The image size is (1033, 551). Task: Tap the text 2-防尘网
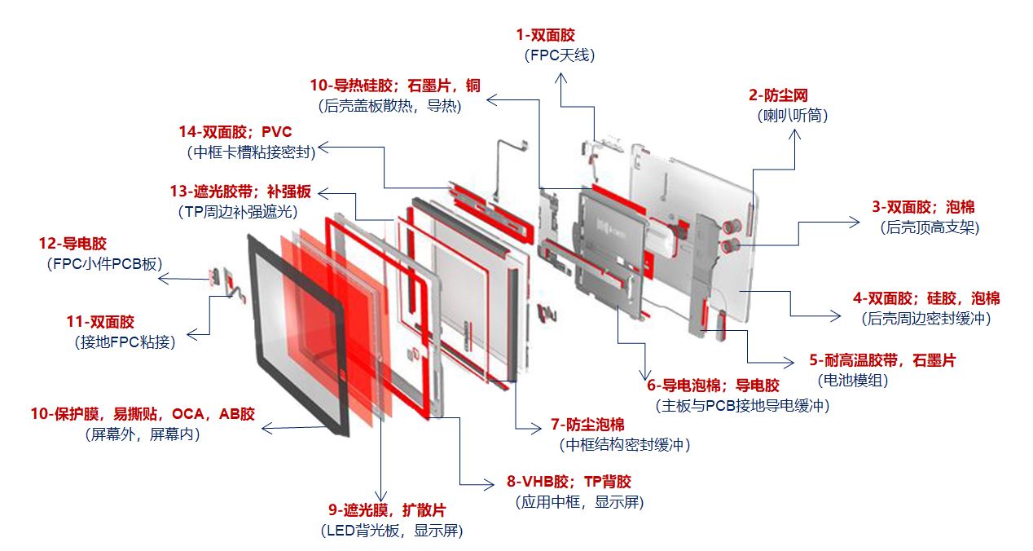778,96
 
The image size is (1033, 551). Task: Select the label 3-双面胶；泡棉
923,208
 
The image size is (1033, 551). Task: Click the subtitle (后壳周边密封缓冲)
926,319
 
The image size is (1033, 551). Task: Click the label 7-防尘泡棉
587,424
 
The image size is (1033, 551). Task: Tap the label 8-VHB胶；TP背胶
569,482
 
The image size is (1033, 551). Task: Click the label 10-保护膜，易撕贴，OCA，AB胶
143,414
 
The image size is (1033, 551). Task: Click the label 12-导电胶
73,243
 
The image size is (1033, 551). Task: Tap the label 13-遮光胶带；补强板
240,192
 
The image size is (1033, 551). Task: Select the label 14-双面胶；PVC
235,132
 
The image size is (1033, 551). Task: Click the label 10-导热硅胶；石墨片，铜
395,85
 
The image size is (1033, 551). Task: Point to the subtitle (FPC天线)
560,55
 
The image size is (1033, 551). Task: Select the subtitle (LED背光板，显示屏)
393,531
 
